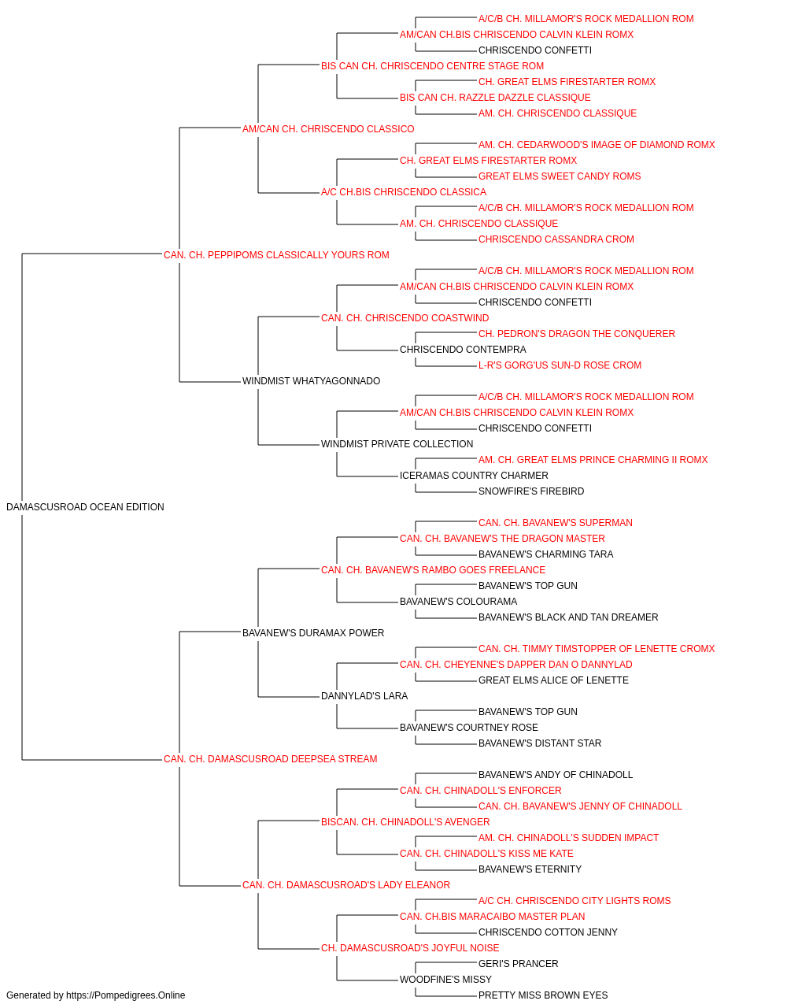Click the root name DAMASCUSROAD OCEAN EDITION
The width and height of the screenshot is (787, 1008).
pyautogui.click(x=85, y=507)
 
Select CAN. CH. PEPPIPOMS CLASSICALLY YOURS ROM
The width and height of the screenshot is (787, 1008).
pyautogui.click(x=276, y=255)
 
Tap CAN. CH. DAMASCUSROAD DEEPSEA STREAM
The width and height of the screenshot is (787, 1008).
pyautogui.click(x=270, y=759)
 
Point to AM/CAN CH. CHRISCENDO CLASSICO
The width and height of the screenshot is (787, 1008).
pyautogui.click(x=328, y=129)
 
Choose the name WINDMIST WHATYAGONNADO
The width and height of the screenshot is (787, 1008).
pyautogui.click(x=311, y=381)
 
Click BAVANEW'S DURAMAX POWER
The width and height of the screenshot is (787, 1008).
pyautogui.click(x=313, y=632)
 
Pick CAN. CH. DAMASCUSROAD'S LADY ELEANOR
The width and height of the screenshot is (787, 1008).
pyautogui.click(x=345, y=884)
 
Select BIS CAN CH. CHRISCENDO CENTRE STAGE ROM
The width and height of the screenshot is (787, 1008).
pyautogui.click(x=432, y=66)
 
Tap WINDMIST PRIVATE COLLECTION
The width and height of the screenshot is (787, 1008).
pyautogui.click(x=397, y=444)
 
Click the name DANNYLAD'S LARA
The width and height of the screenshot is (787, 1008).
pyautogui.click(x=364, y=696)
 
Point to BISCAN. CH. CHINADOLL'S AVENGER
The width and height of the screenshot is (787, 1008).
pyautogui.click(x=405, y=821)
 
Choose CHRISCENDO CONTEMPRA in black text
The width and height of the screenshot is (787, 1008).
pyautogui.click(x=463, y=350)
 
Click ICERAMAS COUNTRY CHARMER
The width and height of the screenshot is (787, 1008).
pyautogui.click(x=474, y=476)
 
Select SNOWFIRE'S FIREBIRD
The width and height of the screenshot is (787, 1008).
pyautogui.click(x=531, y=491)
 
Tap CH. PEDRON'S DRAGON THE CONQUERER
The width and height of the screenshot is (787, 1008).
pyautogui.click(x=577, y=334)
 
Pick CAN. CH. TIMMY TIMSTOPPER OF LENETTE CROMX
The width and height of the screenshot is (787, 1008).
pyautogui.click(x=597, y=648)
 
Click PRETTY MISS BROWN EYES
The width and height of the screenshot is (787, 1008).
pyautogui.click(x=543, y=995)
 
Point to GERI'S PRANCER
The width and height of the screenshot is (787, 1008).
pyautogui.click(x=518, y=963)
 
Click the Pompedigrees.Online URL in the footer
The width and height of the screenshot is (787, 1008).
pyautogui.click(x=125, y=995)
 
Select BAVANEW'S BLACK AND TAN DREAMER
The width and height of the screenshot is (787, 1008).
pyautogui.click(x=568, y=617)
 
